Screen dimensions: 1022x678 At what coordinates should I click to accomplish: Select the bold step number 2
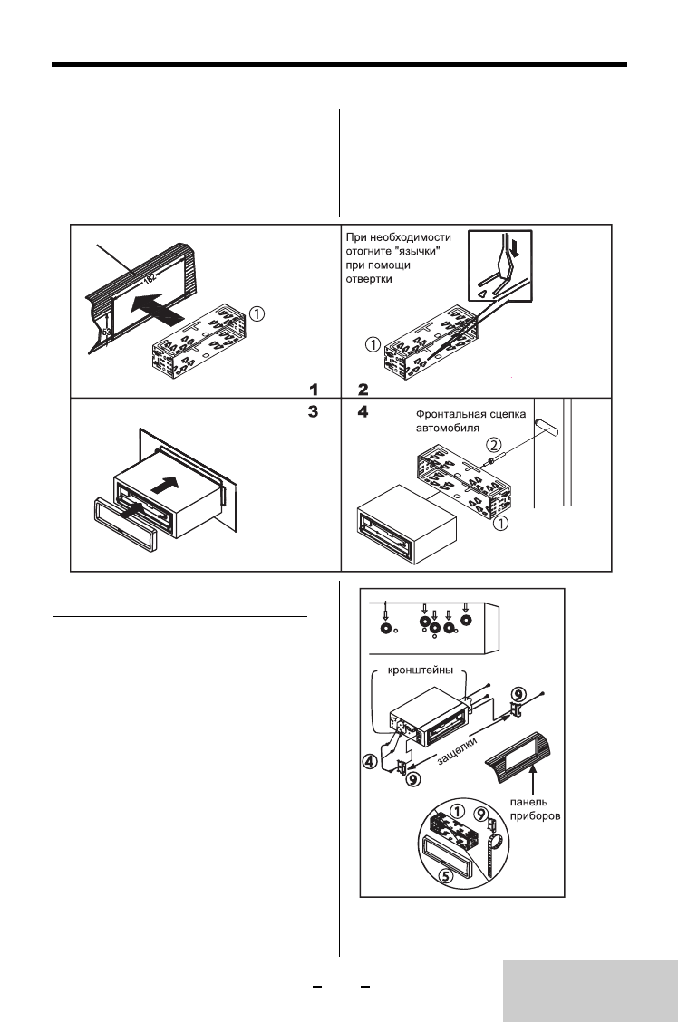(x=363, y=390)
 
